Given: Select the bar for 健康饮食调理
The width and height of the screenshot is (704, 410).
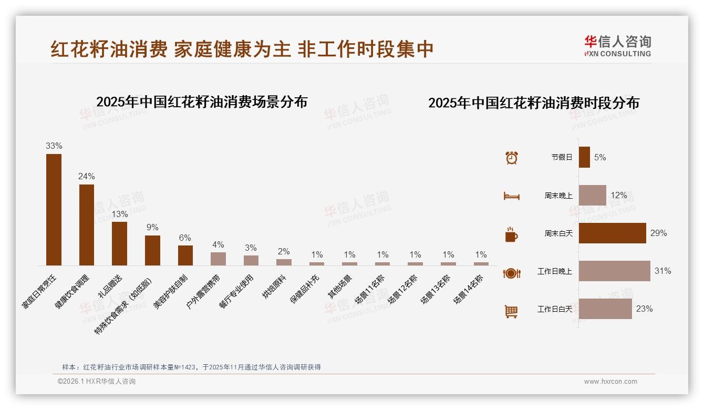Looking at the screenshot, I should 87,224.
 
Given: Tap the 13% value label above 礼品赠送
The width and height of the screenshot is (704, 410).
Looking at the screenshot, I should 119,214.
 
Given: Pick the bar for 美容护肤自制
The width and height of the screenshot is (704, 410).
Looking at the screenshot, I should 185,255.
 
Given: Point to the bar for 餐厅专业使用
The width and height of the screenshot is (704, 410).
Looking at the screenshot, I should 251,260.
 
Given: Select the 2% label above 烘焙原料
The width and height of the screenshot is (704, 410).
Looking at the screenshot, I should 284,252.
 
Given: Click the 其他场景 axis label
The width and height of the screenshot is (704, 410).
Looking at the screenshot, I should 340,286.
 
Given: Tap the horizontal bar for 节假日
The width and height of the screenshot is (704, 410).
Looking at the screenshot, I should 584,157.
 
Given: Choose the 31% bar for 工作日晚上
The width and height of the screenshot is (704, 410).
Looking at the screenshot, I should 614,271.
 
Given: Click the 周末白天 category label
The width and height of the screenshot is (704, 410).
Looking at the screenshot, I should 558,233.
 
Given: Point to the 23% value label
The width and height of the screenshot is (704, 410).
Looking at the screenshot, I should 644,309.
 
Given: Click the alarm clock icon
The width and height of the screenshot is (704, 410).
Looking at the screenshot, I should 511,158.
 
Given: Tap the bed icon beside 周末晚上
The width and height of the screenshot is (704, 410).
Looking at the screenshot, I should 511,196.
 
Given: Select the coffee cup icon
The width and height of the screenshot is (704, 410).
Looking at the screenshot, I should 511,234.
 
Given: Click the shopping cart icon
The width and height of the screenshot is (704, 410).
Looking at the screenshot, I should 511,311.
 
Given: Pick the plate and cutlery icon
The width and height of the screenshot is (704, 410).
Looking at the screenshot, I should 511,273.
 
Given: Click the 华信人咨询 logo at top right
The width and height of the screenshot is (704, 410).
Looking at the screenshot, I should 617,46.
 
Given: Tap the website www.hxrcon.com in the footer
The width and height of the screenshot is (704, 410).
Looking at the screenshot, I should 610,382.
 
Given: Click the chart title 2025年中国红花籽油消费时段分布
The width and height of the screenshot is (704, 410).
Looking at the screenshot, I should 533,103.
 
